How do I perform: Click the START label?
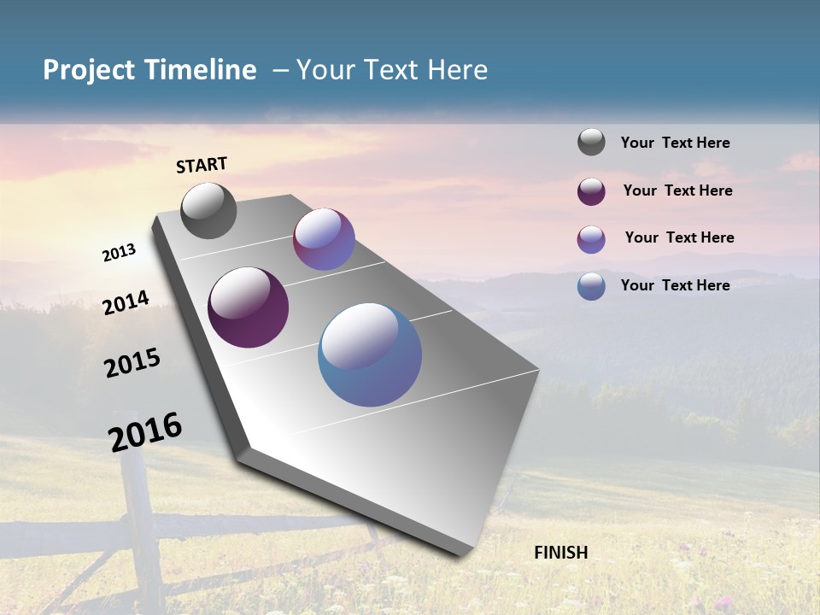click(202, 165)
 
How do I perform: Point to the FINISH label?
click(561, 553)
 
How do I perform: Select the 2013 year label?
click(119, 253)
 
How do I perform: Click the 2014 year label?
click(126, 303)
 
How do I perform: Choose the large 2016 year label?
click(145, 432)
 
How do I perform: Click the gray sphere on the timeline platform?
click(208, 211)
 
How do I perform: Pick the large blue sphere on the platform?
click(370, 354)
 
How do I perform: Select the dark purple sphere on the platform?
click(248, 307)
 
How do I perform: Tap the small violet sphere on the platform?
click(324, 239)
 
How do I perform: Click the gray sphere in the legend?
click(591, 142)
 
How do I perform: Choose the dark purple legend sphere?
click(591, 191)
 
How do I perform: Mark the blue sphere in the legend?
click(591, 286)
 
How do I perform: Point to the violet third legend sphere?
click(591, 239)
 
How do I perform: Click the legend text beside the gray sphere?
click(675, 143)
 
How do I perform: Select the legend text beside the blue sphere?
click(675, 285)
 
